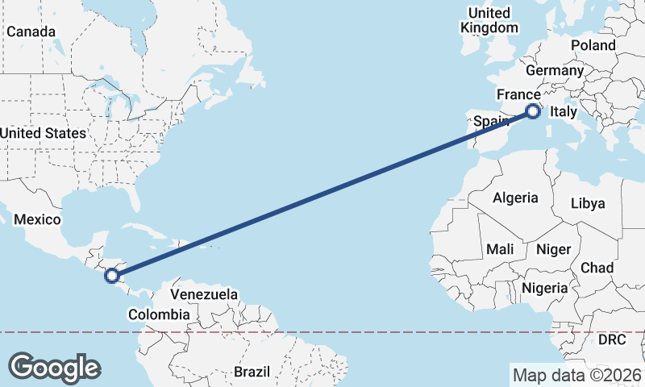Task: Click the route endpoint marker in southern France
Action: coord(532,112)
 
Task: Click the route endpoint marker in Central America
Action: coord(112,276)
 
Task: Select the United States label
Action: coord(43,133)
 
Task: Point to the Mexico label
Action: coord(38,220)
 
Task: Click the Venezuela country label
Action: coord(204,294)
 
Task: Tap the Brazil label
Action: coord(252,372)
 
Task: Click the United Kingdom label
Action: coord(489,20)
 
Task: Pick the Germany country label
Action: coord(556,71)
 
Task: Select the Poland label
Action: coord(593,45)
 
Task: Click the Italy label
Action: coord(564,115)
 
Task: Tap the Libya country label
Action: coord(587,203)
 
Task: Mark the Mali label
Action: coord(500,250)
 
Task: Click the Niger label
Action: coord(552,250)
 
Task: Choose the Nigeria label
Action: coord(545,288)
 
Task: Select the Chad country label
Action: coord(597,268)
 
